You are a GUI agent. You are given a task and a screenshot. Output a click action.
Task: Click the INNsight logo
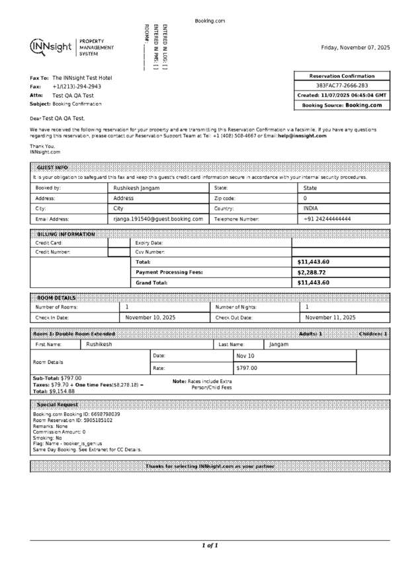coord(52,48)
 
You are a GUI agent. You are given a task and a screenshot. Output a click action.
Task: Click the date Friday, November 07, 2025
coord(355,48)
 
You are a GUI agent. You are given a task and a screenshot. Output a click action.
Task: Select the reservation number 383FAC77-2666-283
coord(342,86)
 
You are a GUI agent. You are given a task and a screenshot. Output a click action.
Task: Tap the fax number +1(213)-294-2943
coord(77,87)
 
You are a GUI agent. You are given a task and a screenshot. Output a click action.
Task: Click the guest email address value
coord(158,219)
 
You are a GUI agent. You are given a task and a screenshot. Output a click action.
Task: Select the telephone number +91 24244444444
coord(327,219)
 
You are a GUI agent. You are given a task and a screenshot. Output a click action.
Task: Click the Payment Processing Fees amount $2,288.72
coord(313,272)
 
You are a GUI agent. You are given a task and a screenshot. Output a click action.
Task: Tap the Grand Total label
coord(151,283)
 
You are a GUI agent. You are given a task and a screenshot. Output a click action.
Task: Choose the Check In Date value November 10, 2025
coord(150,318)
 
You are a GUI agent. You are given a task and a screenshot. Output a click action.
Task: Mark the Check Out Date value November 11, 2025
coord(330,318)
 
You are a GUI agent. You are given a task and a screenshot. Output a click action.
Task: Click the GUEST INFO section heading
coord(52,168)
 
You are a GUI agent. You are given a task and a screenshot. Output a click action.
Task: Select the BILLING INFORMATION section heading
coord(65,234)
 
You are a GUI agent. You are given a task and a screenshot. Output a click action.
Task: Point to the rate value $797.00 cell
coord(247,368)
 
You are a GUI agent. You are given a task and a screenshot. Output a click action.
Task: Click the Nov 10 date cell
coord(245,356)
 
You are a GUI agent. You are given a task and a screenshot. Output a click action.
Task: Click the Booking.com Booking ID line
coord(77,414)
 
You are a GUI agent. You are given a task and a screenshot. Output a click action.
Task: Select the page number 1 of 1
coord(210,546)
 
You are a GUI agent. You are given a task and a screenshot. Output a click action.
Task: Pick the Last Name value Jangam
coord(280,344)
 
